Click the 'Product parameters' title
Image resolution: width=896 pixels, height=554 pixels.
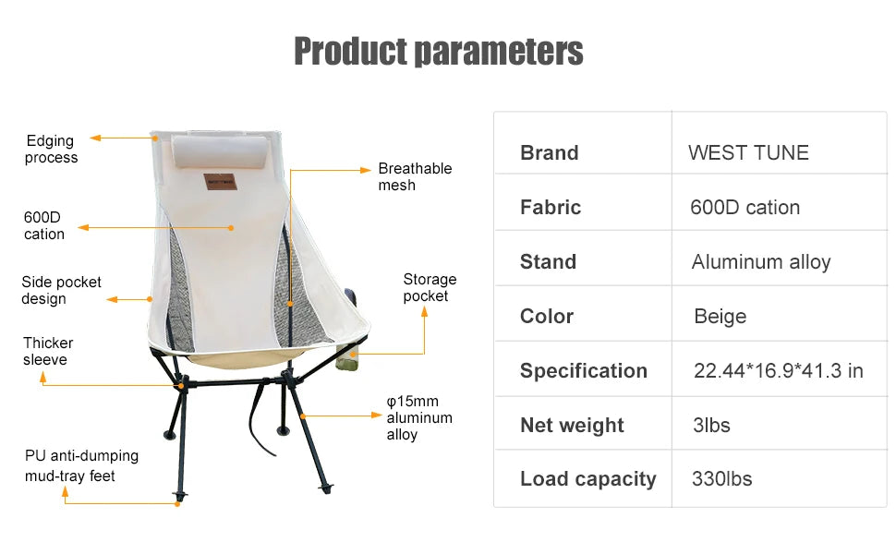pos(438,51)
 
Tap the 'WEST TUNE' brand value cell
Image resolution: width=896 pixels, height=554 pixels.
pos(748,152)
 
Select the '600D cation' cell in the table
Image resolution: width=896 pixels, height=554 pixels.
pos(745,208)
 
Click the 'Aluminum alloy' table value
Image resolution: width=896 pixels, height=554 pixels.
pos(760,262)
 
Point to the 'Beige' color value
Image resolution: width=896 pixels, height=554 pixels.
pos(720,317)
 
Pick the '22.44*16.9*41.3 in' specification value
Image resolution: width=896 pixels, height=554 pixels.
pos(779,370)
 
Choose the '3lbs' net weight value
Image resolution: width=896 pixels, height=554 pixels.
pos(711,425)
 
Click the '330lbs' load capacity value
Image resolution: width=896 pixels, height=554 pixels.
pos(721,478)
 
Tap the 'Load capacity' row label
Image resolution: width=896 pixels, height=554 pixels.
pos(588,479)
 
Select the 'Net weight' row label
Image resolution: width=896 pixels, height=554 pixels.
pos(572,426)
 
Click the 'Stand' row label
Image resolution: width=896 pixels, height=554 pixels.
pos(548,261)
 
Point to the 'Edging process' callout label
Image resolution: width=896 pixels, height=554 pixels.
pos(50,149)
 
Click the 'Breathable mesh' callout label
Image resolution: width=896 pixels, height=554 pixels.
pos(415,176)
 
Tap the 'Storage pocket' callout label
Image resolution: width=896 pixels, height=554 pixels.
pos(430,287)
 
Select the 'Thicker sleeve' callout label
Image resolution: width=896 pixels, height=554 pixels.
pos(48,351)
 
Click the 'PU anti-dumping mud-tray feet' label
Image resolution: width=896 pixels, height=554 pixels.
pos(81,465)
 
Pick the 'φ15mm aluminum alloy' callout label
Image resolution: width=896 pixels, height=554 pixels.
pos(419,417)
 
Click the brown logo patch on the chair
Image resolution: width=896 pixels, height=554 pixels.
pos(220,182)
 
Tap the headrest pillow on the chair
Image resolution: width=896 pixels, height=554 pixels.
pos(220,151)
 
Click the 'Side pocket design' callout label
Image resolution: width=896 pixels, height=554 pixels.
pos(61,290)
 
